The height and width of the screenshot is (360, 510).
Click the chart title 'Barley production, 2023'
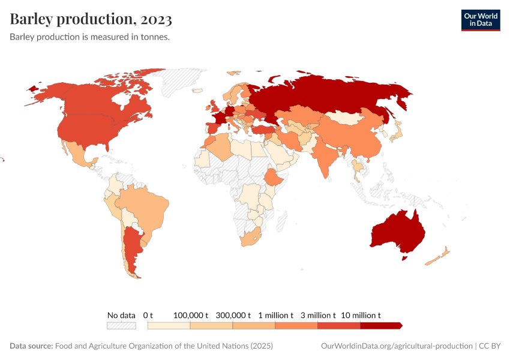[x=91, y=19]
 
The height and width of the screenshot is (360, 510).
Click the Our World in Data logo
[x=480, y=19]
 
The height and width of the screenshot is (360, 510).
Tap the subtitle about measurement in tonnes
[x=90, y=37]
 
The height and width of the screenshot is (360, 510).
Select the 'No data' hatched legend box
[x=121, y=325]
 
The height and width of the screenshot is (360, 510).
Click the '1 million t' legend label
[x=275, y=315]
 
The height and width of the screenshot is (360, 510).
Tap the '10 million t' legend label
[x=361, y=315]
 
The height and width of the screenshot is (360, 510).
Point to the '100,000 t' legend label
[x=190, y=315]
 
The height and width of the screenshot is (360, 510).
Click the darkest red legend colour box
[x=381, y=325]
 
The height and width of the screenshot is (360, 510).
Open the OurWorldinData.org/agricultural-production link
[x=397, y=346]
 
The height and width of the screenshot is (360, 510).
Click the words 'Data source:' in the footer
[x=31, y=346]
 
